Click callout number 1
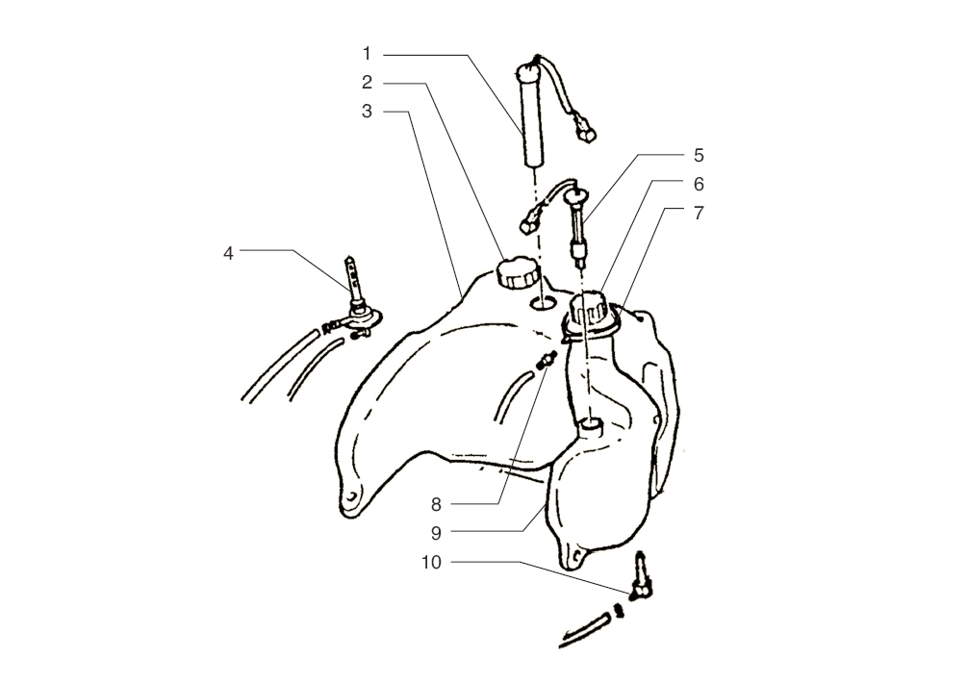367,54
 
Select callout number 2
367,83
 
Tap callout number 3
367,112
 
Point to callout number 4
228,253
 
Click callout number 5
699,156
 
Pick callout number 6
699,185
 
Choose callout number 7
699,214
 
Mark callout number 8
436,505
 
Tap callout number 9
436,533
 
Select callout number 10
432,563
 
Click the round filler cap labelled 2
517,273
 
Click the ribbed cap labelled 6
590,309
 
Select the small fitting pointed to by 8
547,360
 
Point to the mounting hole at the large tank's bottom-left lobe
351,497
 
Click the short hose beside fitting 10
585,631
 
